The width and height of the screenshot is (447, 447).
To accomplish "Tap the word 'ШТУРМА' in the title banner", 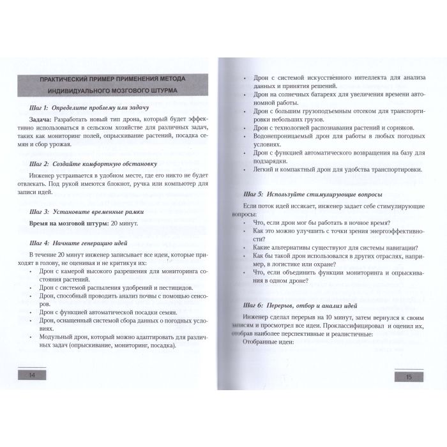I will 162,90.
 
